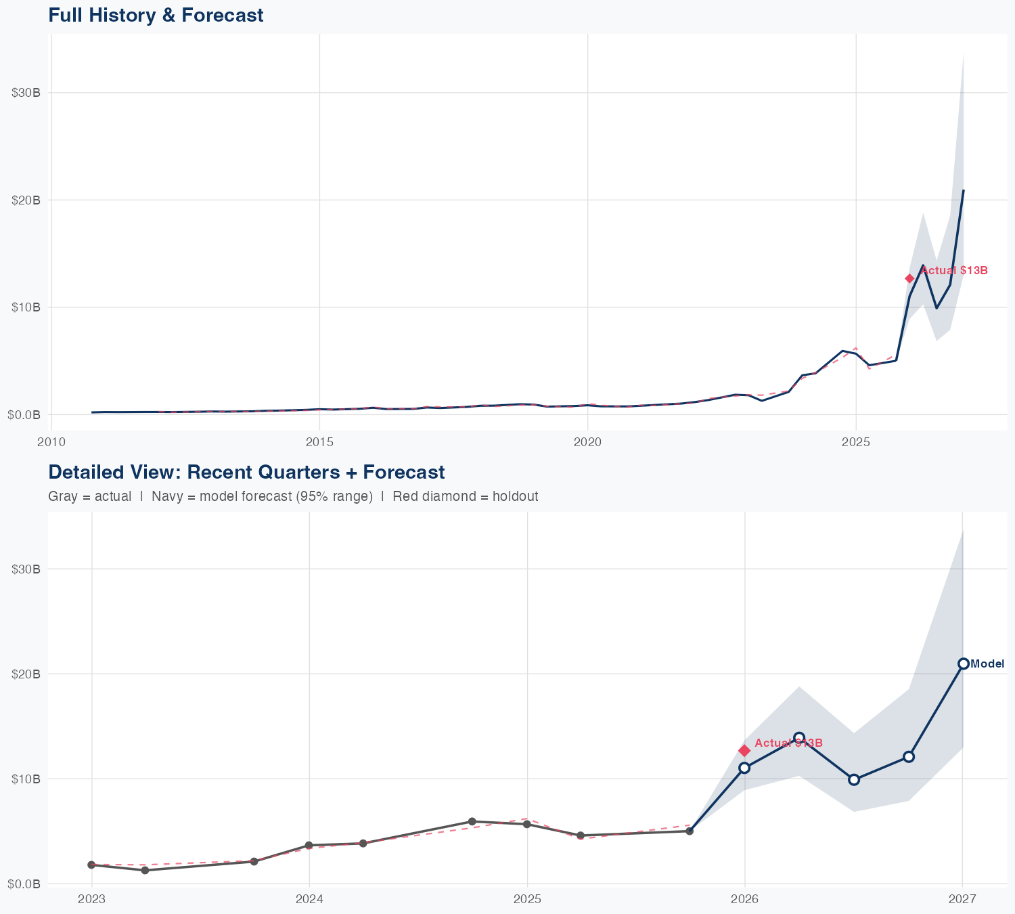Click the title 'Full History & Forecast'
pos(156,15)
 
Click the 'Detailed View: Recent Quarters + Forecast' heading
pos(246,472)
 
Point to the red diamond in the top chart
pos(909,278)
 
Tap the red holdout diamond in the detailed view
pos(744,750)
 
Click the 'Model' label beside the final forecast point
pos(987,664)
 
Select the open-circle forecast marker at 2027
pos(963,663)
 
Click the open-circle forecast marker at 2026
pos(744,768)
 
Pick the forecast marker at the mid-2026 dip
pos(854,779)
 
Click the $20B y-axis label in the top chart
pos(26,200)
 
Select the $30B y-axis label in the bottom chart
pos(26,569)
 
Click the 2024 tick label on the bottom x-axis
pos(309,899)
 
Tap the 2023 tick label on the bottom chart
pos(92,899)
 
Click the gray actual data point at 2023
pos(91,865)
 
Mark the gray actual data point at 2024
pos(309,846)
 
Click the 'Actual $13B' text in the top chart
pos(954,271)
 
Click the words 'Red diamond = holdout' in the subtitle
pos(465,496)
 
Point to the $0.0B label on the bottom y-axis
pos(24,884)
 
